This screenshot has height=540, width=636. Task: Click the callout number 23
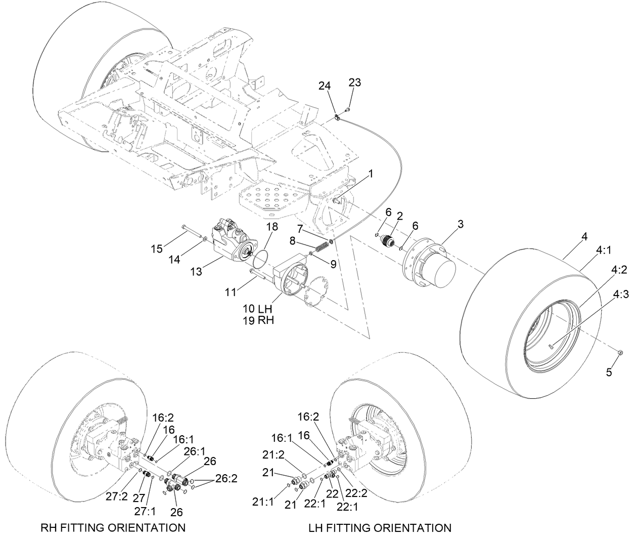tap(355, 82)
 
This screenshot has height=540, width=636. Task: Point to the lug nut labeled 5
tap(620, 353)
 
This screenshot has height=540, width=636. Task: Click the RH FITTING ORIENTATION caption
tap(113, 528)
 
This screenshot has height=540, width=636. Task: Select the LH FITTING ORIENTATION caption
tap(380, 528)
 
